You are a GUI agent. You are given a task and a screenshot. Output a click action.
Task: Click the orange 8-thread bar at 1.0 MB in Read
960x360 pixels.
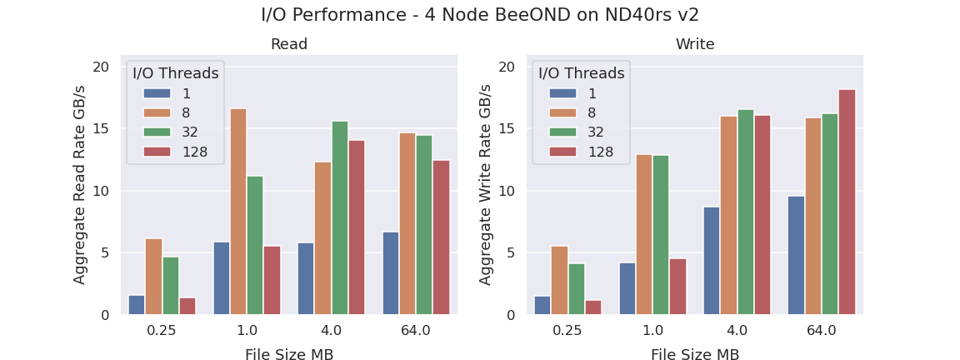[x=238, y=212]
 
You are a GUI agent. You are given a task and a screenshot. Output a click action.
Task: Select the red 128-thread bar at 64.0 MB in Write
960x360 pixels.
[x=847, y=202]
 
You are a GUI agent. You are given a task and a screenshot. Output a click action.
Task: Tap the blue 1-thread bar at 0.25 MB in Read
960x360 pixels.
[x=137, y=305]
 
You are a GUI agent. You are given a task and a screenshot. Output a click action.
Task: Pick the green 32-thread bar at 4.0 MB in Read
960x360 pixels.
[x=340, y=218]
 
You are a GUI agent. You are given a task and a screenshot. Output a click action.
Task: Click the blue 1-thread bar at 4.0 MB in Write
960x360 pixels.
[x=712, y=261]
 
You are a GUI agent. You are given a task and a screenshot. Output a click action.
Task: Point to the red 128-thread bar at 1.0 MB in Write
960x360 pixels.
[x=677, y=287]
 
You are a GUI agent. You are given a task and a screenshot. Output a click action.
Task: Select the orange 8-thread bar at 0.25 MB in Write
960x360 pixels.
[x=559, y=280]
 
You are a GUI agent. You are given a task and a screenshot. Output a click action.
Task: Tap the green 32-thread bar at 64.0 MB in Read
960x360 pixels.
[x=424, y=225]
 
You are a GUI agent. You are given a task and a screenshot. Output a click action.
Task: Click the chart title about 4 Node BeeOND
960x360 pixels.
[x=480, y=15]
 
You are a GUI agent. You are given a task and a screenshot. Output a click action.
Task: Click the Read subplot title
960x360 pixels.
[x=289, y=44]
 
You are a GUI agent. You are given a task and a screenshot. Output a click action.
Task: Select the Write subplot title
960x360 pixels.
[x=695, y=44]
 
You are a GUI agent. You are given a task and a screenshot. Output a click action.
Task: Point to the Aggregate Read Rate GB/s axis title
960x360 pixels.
[x=80, y=185]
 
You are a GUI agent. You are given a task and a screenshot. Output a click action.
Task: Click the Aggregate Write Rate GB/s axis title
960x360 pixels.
[x=486, y=185]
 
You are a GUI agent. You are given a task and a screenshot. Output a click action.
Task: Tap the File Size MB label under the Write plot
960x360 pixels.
[x=695, y=355]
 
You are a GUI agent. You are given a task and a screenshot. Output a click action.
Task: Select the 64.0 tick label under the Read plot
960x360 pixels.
[x=415, y=331]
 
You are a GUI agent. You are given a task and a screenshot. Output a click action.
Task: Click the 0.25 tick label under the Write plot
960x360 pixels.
[x=567, y=331]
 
